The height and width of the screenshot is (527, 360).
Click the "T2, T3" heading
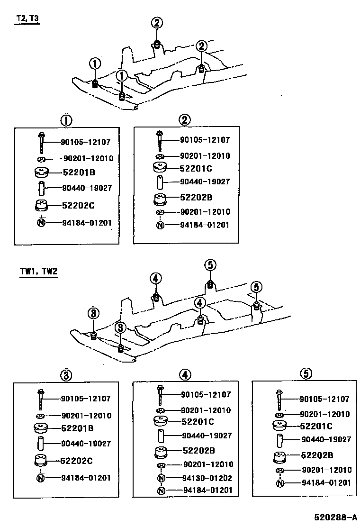[x=27, y=18]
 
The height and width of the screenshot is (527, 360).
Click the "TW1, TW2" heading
[x=38, y=272]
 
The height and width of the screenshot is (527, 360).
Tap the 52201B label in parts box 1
[x=78, y=173]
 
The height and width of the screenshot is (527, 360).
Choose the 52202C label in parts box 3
[x=76, y=460]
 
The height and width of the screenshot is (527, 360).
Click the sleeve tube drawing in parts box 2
[x=161, y=182]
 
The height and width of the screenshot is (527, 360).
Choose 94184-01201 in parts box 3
[x=86, y=478]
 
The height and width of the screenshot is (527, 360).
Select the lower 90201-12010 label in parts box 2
[x=205, y=212]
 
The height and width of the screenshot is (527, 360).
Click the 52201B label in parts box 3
[x=77, y=428]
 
